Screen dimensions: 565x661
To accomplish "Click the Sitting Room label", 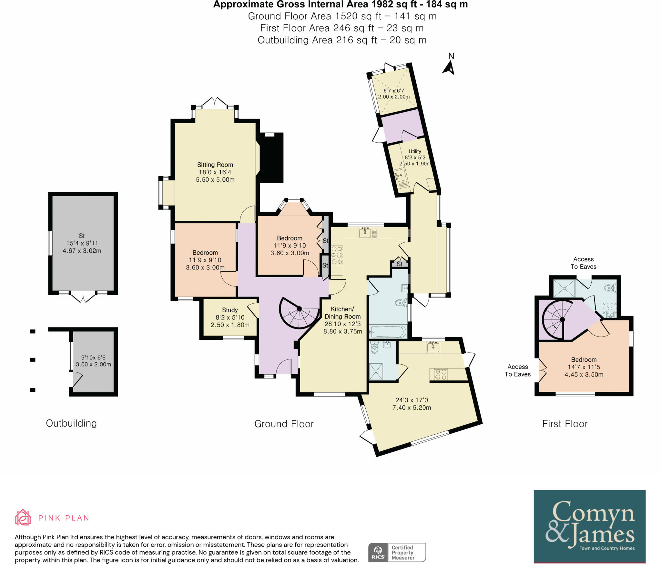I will [215, 165].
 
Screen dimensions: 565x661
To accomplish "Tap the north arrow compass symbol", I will [449, 67].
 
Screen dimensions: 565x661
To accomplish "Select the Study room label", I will [230, 310].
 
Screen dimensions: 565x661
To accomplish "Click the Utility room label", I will [415, 151].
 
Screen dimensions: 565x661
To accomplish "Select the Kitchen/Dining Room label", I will [342, 313].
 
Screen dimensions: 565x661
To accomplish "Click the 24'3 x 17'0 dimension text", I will [412, 400].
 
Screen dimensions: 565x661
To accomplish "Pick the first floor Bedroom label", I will [584, 359].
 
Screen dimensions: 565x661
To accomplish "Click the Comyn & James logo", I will [589, 526].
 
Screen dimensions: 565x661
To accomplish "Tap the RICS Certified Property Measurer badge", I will [397, 552].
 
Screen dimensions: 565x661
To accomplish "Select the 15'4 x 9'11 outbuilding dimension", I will [82, 243].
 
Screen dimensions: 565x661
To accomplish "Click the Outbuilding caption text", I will [71, 423].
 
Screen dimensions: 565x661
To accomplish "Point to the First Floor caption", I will [565, 424].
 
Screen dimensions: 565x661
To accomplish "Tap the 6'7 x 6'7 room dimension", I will [393, 91].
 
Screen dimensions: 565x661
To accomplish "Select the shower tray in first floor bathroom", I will [564, 288].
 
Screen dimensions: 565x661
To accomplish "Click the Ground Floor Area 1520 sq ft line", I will [342, 16].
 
